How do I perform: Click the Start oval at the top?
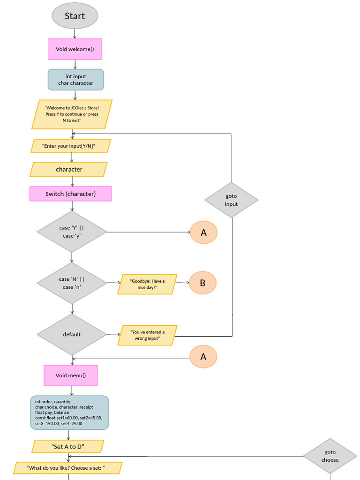click(x=75, y=16)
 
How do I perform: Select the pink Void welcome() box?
click(x=75, y=49)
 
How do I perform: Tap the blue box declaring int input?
click(x=75, y=80)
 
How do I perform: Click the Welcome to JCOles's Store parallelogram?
click(x=72, y=114)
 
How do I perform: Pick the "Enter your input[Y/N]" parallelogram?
click(x=70, y=146)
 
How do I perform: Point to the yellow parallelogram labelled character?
click(x=69, y=170)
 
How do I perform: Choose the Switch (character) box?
click(x=71, y=194)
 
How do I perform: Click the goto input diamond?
click(x=231, y=200)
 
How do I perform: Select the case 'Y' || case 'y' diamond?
click(x=72, y=232)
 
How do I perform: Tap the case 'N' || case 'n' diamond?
click(x=72, y=283)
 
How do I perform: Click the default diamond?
click(x=72, y=334)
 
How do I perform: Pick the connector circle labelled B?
click(x=203, y=283)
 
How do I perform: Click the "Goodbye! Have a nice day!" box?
click(x=147, y=284)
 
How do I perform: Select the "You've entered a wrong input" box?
click(x=147, y=335)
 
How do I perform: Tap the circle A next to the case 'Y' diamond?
click(x=203, y=232)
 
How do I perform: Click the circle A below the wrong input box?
click(x=203, y=357)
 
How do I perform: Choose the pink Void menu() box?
click(x=71, y=375)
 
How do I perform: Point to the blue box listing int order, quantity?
click(x=69, y=412)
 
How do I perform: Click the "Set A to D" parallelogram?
click(x=68, y=446)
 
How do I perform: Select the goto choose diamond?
click(x=330, y=456)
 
